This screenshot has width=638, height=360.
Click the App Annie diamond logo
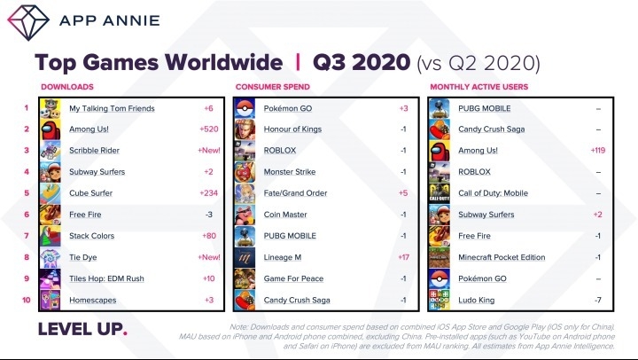click(28, 22)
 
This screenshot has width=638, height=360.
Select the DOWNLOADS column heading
click(67, 87)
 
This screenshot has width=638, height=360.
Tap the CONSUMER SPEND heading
click(273, 87)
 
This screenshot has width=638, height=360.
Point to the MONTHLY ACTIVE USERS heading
click(478, 87)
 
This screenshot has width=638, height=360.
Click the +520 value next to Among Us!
click(209, 129)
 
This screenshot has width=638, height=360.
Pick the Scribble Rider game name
click(95, 150)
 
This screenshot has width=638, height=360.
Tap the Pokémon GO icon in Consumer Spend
click(245, 109)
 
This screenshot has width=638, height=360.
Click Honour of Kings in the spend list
click(292, 129)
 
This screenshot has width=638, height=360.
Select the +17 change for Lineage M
click(404, 257)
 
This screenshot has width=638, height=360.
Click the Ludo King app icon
click(440, 300)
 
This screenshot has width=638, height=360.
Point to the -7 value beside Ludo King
click(598, 300)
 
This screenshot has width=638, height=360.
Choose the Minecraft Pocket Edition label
click(502, 257)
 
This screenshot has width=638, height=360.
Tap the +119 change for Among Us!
click(598, 150)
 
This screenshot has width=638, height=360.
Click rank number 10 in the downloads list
click(27, 300)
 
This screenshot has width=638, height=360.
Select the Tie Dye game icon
click(51, 257)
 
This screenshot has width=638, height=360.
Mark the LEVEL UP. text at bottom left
click(82, 329)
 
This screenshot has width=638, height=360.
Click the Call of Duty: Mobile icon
click(440, 193)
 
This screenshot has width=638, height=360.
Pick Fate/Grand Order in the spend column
click(295, 193)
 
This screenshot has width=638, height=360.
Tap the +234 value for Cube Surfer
click(209, 193)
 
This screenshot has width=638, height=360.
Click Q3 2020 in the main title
click(362, 62)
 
